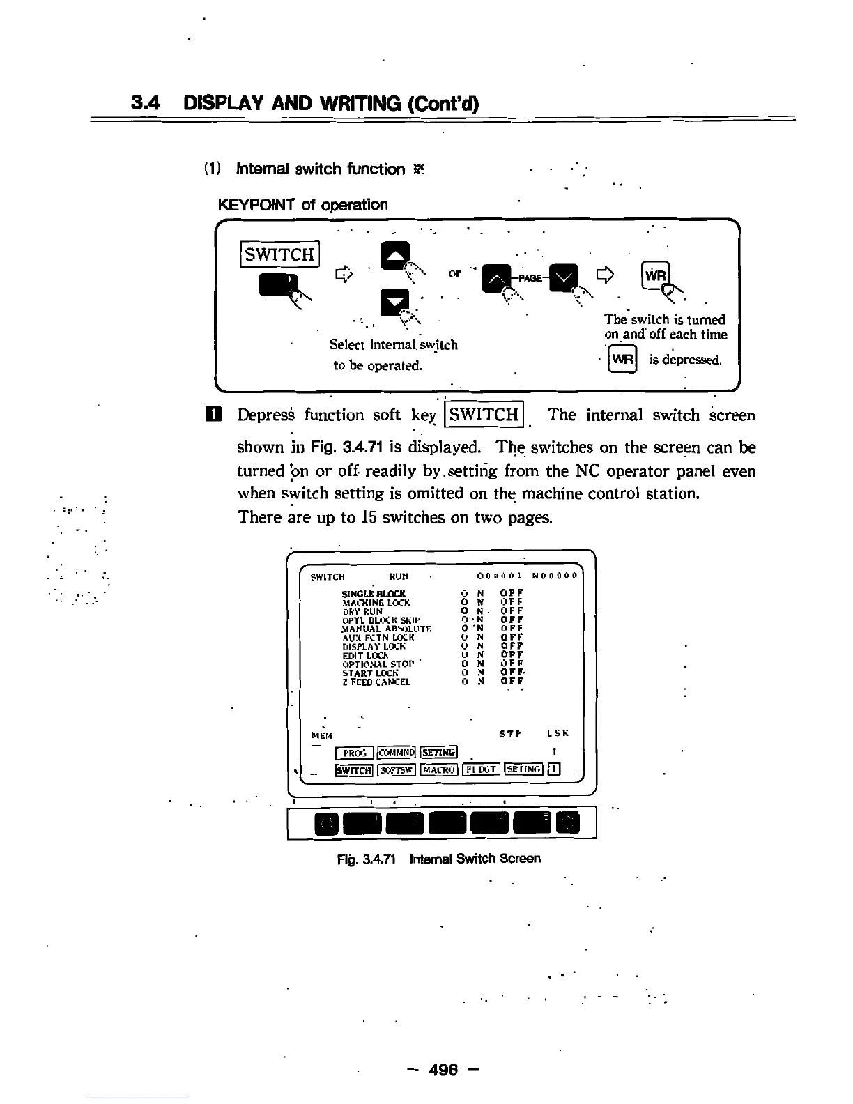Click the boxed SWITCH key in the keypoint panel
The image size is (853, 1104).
click(279, 254)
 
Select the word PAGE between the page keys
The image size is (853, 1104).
click(530, 277)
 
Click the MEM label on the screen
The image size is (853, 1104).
click(321, 735)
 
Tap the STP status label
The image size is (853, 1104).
click(510, 734)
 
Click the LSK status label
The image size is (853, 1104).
click(558, 734)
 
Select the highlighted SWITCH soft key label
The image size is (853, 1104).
click(354, 769)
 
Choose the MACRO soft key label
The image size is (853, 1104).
click(439, 769)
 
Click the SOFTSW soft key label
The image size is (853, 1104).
click(397, 769)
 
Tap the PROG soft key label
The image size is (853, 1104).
click(355, 752)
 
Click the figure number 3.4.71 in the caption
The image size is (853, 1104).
click(378, 859)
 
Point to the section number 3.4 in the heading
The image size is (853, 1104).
click(146, 103)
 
